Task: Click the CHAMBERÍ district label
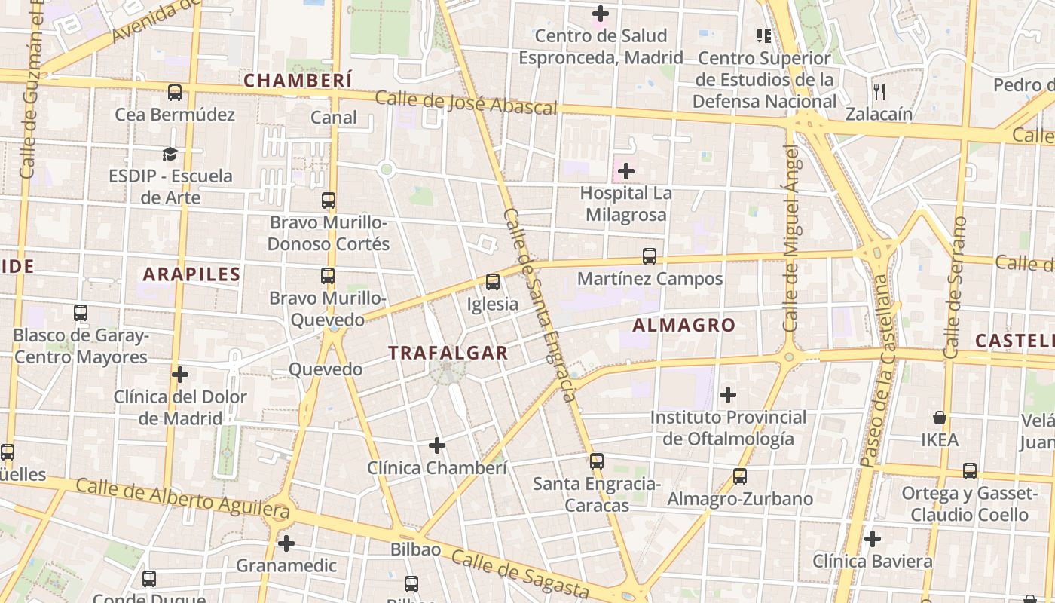click(298, 80)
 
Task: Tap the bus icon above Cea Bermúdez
click(175, 93)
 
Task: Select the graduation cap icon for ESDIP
click(170, 155)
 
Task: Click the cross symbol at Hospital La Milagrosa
click(625, 172)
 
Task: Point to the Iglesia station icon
click(493, 282)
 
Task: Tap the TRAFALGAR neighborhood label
click(448, 352)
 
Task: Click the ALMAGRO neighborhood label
click(683, 325)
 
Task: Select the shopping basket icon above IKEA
click(940, 418)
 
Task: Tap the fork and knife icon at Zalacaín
click(879, 92)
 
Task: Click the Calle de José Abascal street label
click(465, 103)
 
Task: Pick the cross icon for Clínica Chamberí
click(437, 445)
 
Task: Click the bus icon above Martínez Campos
click(650, 256)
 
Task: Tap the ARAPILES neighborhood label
click(191, 274)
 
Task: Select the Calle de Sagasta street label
click(520, 574)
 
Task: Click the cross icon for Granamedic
click(286, 543)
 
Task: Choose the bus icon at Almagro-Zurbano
click(740, 476)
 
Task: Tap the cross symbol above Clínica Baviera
click(873, 539)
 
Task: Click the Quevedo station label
click(326, 369)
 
